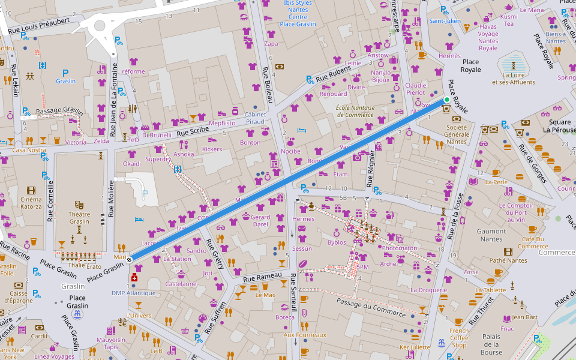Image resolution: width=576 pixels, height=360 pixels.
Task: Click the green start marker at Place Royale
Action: (x=446, y=100)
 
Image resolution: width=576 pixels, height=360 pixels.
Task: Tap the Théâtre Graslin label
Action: (x=79, y=217)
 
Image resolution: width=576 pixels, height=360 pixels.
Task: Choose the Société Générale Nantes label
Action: (x=457, y=134)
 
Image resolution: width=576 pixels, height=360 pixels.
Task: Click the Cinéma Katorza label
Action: (x=31, y=203)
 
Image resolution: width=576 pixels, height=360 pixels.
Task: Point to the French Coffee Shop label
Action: (x=459, y=338)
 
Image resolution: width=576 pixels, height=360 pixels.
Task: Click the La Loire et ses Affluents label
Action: (x=513, y=79)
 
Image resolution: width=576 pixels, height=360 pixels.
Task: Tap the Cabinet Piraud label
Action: (x=255, y=118)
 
